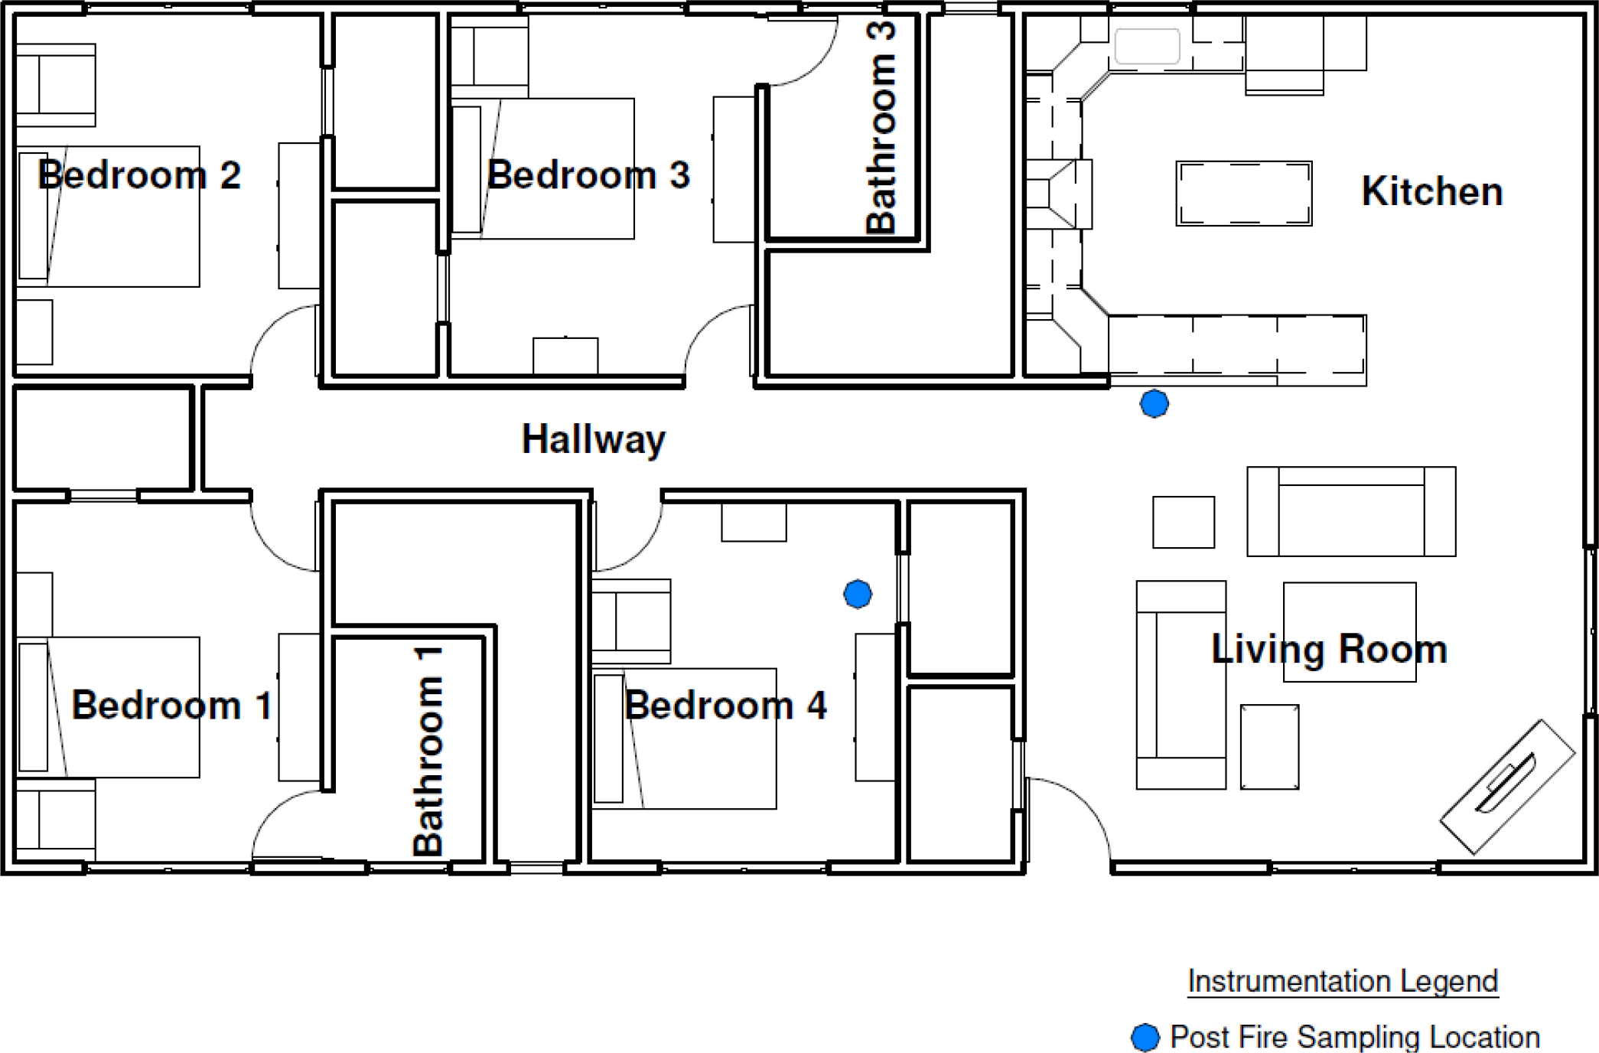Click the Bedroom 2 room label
tap(139, 175)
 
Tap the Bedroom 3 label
tap(588, 175)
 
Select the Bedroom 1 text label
tap(172, 705)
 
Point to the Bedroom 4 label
tap(725, 705)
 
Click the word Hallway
tap(594, 440)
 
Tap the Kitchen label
tap(1432, 191)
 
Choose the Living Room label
tap(1330, 650)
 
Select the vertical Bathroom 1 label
tap(428, 750)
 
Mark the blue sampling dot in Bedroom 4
tap(858, 594)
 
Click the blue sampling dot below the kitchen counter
tap(1154, 403)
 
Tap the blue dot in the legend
tap(1145, 1038)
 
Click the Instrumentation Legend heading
tap(1343, 981)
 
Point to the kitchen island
tap(1244, 194)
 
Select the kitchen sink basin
tap(1147, 46)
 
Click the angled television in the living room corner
tap(1507, 787)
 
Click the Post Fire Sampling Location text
tap(1355, 1038)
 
